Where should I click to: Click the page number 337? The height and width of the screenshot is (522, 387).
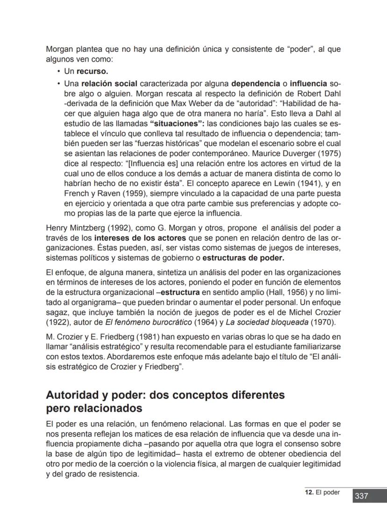pyautogui.click(x=361, y=496)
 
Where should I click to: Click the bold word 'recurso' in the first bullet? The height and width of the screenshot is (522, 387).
pyautogui.click(x=92, y=71)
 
